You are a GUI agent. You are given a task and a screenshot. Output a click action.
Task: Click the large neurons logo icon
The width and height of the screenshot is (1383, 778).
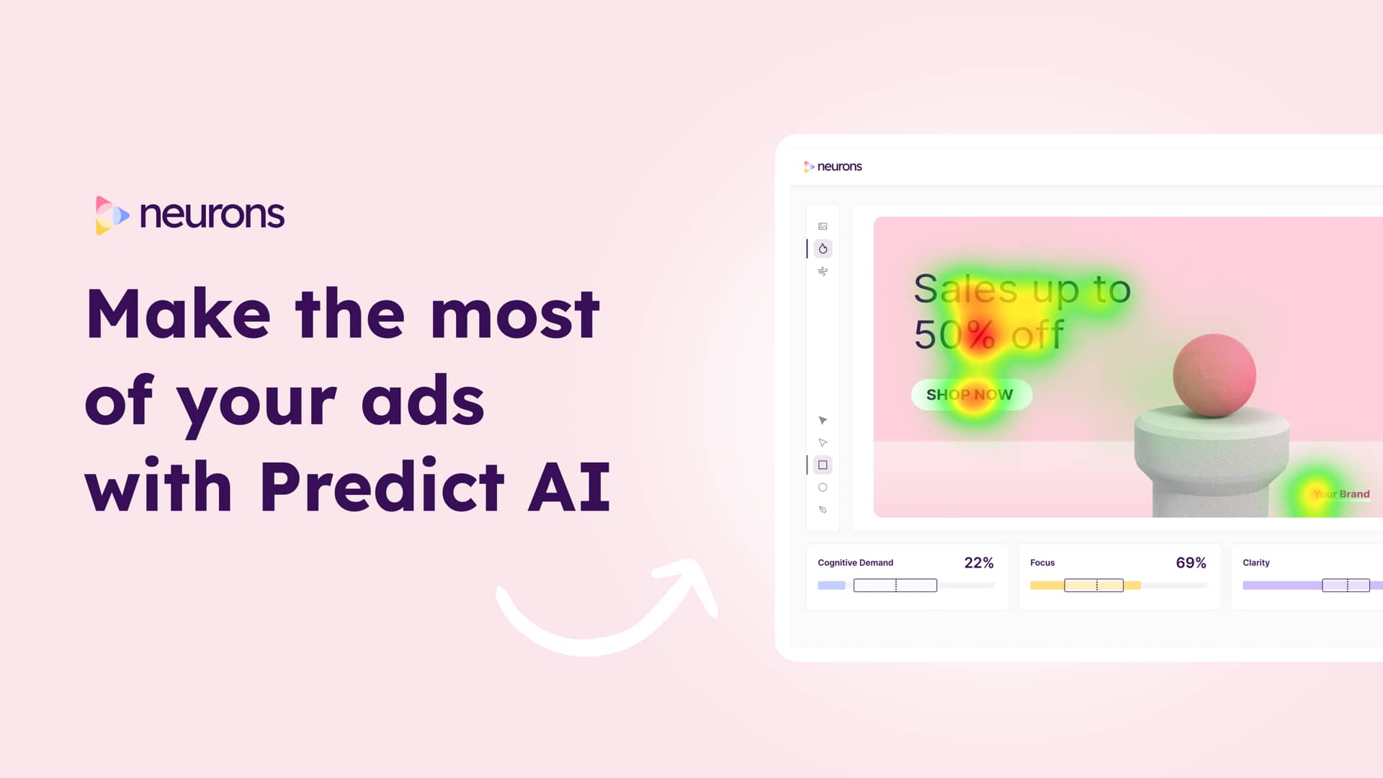click(112, 215)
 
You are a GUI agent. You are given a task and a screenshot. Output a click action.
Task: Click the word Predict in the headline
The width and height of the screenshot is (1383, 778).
click(382, 487)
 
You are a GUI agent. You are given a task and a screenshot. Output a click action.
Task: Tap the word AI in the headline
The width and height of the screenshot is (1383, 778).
click(569, 487)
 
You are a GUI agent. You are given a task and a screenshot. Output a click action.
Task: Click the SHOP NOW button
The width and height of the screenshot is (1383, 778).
click(971, 395)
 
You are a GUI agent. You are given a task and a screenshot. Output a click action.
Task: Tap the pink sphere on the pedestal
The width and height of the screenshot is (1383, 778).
click(1214, 375)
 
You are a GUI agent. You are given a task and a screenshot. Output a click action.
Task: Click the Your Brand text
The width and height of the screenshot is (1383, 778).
click(1341, 494)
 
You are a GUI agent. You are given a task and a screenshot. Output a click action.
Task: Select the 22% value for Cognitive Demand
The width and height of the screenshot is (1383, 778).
click(978, 563)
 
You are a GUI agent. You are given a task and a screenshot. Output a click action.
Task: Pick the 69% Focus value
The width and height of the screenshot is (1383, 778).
click(1191, 563)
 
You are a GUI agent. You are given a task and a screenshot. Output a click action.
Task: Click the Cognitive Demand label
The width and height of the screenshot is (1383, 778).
click(855, 563)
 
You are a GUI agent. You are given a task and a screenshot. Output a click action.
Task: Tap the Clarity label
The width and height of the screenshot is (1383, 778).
click(1256, 563)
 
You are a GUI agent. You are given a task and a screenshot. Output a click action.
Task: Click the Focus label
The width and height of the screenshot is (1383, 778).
click(1042, 563)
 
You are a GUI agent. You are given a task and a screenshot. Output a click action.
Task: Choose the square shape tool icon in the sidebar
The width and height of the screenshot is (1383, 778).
click(823, 465)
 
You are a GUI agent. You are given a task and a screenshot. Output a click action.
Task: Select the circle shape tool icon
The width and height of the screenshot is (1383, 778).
click(823, 488)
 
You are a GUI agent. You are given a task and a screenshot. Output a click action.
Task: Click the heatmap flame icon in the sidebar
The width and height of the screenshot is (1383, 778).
click(823, 249)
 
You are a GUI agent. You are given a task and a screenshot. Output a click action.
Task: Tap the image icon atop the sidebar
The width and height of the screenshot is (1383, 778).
click(823, 226)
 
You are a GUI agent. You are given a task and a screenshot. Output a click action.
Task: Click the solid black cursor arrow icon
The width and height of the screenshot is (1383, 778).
click(823, 420)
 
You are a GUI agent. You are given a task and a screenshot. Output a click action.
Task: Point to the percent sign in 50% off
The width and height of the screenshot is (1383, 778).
click(981, 334)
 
